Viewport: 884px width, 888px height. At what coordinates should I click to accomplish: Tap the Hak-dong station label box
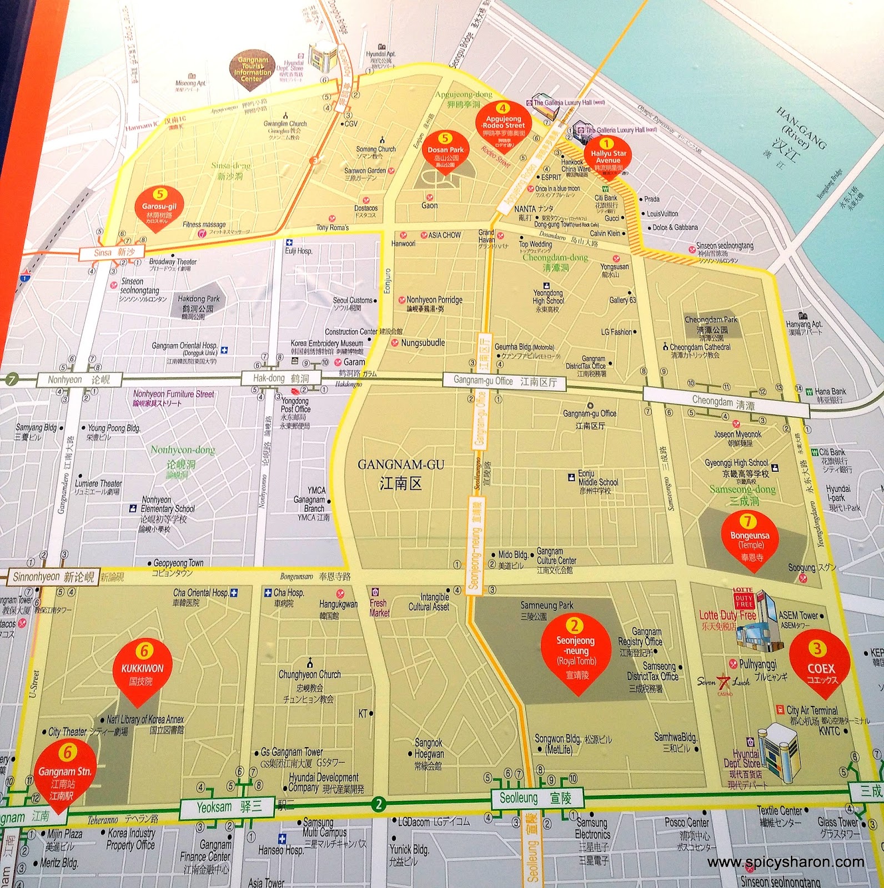coord(280,379)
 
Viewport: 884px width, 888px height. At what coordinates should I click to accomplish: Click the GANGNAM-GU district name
coord(400,473)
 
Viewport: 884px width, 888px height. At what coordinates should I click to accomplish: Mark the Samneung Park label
coord(546,606)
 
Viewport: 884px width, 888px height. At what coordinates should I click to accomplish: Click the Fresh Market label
coord(380,608)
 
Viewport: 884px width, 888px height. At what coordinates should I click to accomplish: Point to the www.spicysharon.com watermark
coord(786,862)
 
